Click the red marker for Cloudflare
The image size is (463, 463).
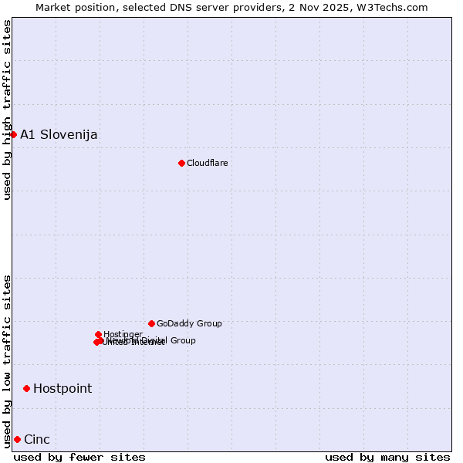click(x=181, y=163)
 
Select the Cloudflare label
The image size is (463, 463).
click(x=207, y=163)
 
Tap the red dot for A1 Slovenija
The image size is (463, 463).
click(x=13, y=134)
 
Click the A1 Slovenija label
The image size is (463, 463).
click(x=59, y=135)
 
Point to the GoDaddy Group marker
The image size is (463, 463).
click(x=151, y=323)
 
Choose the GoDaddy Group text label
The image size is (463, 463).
click(x=189, y=324)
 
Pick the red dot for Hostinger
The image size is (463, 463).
click(x=98, y=334)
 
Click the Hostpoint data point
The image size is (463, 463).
click(x=26, y=388)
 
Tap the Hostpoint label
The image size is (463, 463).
click(x=62, y=389)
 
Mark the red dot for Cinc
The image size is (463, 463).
click(x=17, y=439)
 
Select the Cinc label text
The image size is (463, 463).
click(x=37, y=440)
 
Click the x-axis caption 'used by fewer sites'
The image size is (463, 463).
click(x=79, y=457)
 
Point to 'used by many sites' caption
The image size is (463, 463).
click(x=387, y=457)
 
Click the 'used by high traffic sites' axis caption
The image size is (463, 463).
click(x=8, y=110)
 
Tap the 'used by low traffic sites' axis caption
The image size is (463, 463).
click(x=8, y=360)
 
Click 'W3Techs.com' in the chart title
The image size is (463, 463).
click(x=397, y=7)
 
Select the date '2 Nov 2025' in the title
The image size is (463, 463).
click(x=332, y=7)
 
